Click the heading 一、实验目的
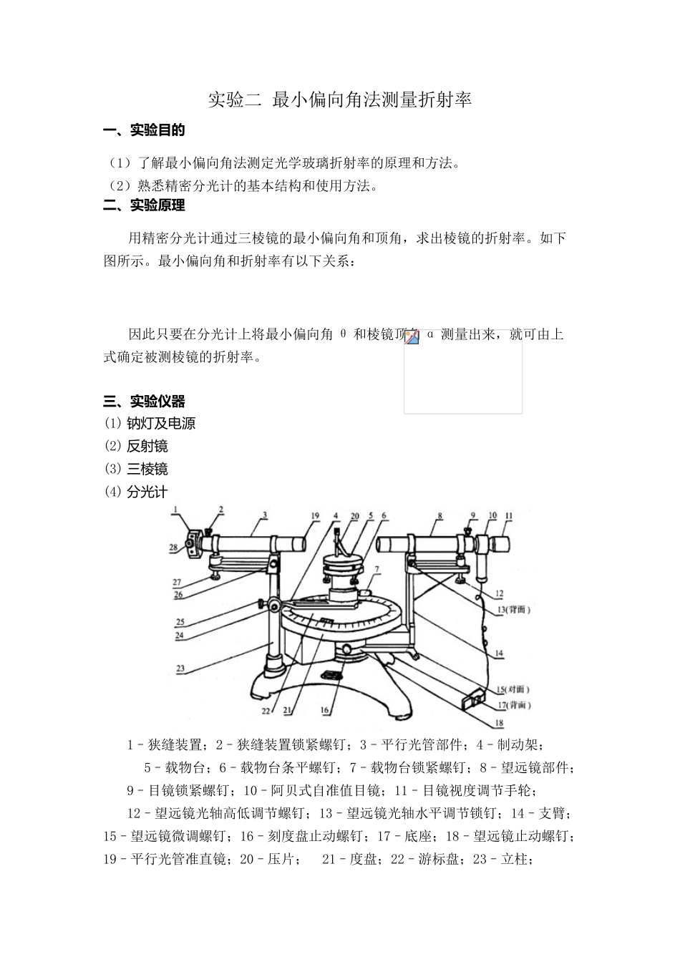[144, 130]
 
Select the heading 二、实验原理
[144, 205]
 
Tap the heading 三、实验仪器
[144, 401]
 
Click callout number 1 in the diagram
[174, 510]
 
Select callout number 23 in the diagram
[180, 669]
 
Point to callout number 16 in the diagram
[324, 710]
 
